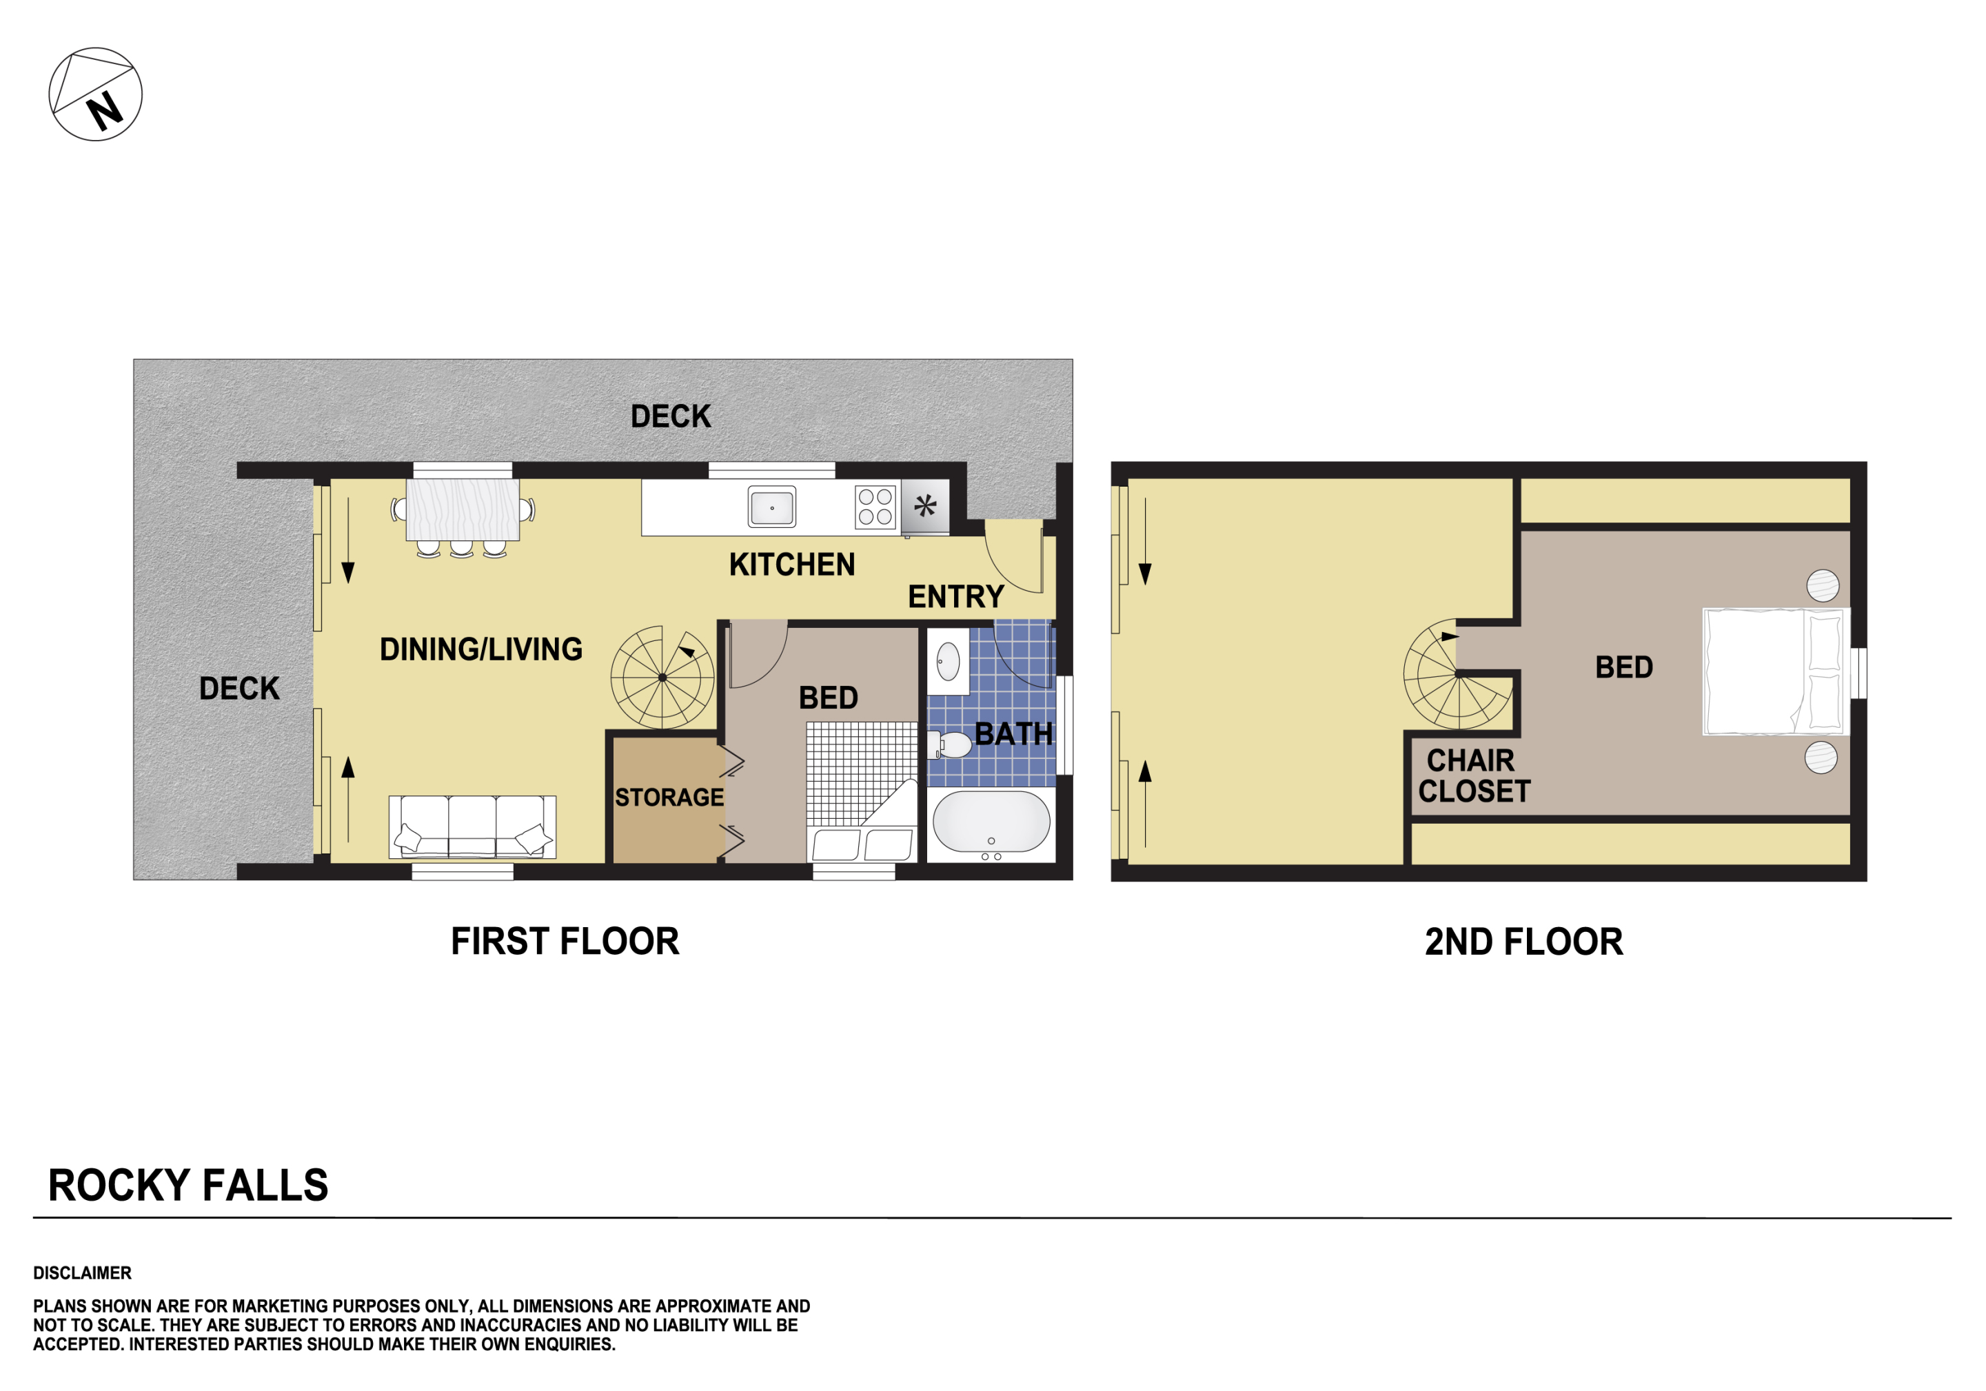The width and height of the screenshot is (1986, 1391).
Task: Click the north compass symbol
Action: point(95,94)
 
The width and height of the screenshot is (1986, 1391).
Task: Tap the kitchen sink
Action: point(771,508)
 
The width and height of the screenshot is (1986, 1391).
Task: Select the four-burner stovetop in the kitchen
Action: point(875,507)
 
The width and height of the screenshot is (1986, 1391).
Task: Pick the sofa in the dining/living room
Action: point(472,827)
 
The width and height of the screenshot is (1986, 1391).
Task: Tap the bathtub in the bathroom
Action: point(991,822)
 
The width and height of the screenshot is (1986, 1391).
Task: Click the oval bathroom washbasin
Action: point(948,662)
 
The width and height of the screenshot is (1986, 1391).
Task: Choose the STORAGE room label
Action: point(669,798)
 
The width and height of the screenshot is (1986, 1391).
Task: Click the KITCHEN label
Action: point(791,565)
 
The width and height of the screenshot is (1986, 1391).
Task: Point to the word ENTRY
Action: point(956,597)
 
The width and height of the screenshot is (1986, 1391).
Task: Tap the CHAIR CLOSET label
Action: point(1474,776)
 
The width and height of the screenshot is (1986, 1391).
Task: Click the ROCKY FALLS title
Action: point(189,1185)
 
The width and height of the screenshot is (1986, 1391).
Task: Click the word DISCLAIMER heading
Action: point(82,1273)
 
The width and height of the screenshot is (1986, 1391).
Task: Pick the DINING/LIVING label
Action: point(481,649)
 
